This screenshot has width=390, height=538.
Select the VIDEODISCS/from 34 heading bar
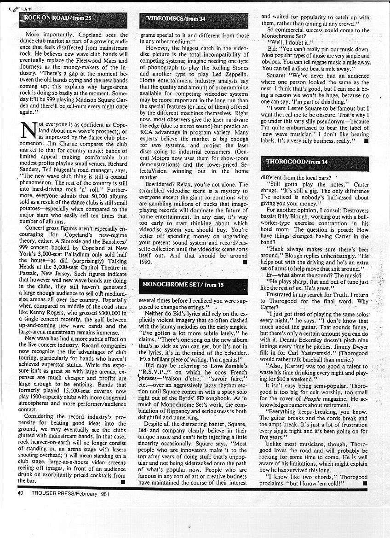[176, 18]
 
